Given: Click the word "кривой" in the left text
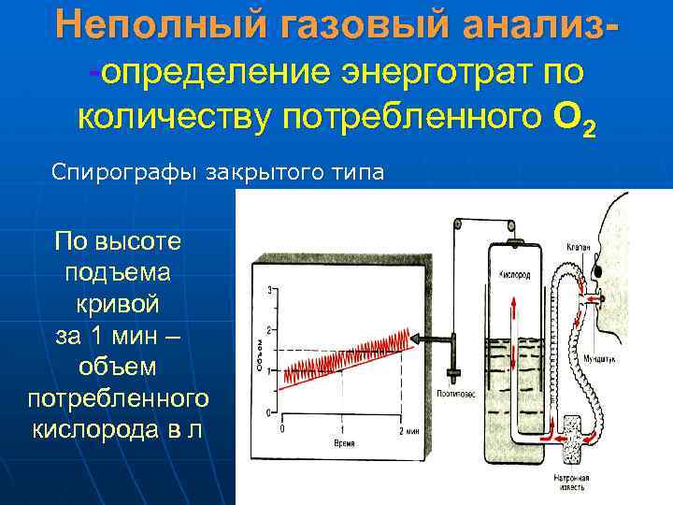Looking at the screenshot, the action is pyautogui.click(x=119, y=305).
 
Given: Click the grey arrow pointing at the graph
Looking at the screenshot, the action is pyautogui.click(x=429, y=339).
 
